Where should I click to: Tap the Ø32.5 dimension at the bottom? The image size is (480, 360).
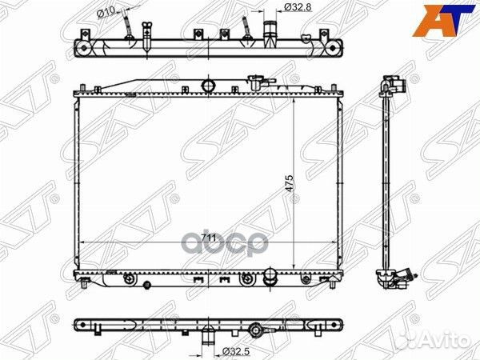coord(234,350)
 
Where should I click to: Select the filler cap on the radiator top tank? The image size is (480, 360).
coord(258,81)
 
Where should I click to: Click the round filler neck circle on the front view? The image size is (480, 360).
coord(210,85)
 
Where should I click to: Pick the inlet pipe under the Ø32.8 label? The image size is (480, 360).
coord(270,34)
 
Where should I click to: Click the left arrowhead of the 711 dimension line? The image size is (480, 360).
coord(85,242)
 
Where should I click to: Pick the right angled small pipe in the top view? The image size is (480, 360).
coord(245,32)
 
